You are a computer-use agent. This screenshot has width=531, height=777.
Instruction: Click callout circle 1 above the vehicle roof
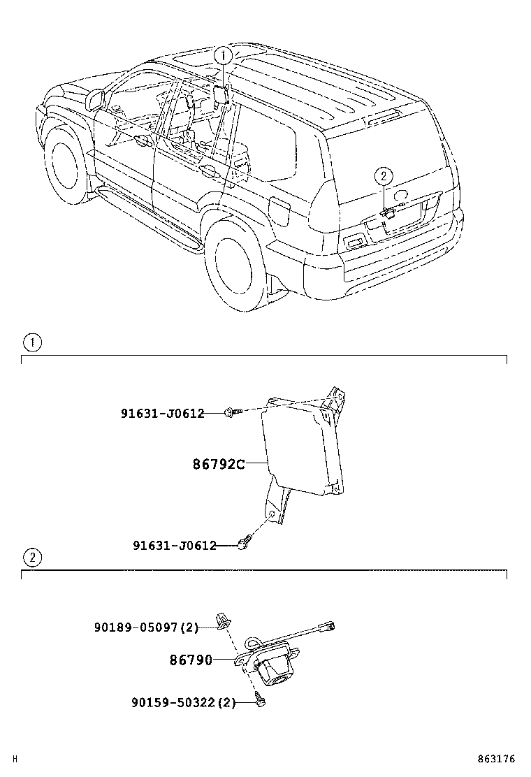tap(222, 55)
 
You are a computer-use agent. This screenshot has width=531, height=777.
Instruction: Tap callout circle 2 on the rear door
tap(384, 176)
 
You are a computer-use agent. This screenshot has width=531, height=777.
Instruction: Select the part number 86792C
tap(219, 463)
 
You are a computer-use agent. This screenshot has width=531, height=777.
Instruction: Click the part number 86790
tap(191, 660)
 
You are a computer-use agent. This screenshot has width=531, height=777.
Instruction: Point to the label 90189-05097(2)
tap(146, 627)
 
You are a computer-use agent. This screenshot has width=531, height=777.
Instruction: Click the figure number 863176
tap(496, 759)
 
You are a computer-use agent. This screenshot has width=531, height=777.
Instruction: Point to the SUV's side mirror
tap(94, 99)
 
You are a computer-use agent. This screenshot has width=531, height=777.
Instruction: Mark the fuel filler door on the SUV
tap(279, 211)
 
